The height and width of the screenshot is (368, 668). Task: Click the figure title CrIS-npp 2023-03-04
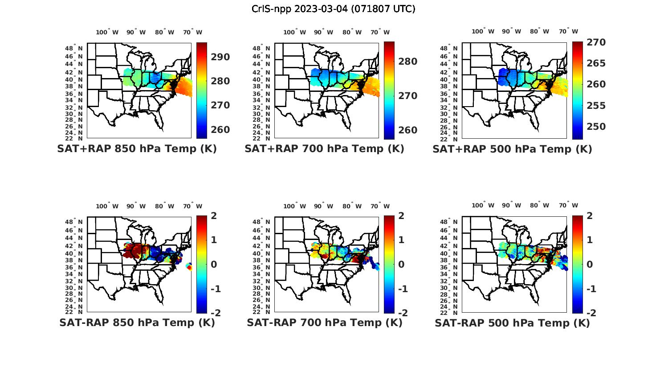point(334,9)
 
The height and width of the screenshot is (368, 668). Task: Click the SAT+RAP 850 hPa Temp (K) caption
point(137,149)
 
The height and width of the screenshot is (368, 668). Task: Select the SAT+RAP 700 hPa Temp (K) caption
point(324,149)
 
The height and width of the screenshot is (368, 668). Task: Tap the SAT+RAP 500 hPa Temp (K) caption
point(512,149)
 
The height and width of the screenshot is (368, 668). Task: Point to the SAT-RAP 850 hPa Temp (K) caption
point(137,323)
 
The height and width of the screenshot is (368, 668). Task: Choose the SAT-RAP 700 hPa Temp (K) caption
point(324,323)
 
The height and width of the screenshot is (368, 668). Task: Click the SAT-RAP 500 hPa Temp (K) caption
point(512,323)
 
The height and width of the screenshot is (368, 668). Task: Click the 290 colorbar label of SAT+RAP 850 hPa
point(220,57)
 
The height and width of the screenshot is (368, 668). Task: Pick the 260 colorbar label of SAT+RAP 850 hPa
point(220,130)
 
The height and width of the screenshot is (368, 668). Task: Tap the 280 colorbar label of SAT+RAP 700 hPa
point(408,62)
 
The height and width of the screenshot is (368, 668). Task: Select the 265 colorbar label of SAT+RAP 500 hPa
point(596,63)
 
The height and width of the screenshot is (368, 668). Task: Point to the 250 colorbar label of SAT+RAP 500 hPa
point(596,127)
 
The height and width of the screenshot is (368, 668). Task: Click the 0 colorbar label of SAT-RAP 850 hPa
point(214,265)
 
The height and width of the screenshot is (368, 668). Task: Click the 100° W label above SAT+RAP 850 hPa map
point(107,32)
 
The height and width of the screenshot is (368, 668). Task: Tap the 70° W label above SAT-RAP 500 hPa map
point(568,206)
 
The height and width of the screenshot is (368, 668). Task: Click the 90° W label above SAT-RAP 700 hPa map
point(323,206)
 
